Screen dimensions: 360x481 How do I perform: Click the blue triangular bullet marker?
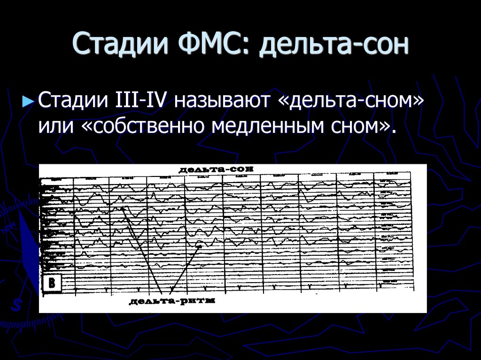pyautogui.click(x=29, y=101)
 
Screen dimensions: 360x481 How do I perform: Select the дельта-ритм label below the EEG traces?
pyautogui.click(x=171, y=301)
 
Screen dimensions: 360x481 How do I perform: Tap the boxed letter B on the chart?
pyautogui.click(x=52, y=283)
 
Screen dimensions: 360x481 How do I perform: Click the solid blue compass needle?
pyautogui.click(x=29, y=249)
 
